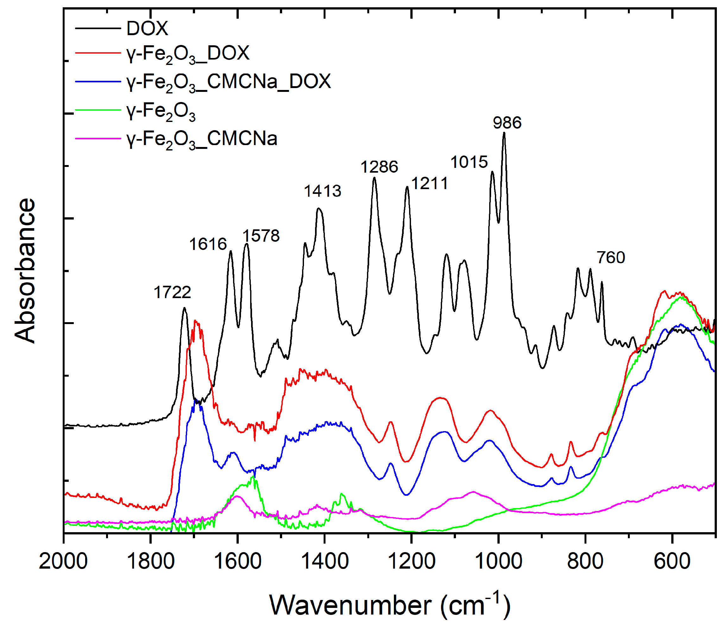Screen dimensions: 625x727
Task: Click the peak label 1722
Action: point(172,292)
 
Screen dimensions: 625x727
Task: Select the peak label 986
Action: point(507,123)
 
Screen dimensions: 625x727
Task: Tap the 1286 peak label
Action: point(379,167)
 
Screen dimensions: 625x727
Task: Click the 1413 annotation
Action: point(322,191)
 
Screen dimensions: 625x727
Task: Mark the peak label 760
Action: point(611,258)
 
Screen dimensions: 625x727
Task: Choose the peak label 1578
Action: point(261,236)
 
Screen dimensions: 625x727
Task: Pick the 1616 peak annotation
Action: point(208,244)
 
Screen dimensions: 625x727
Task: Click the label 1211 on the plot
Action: point(429,183)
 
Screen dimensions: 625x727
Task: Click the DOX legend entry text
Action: point(147,29)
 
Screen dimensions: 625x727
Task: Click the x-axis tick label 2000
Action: point(63,561)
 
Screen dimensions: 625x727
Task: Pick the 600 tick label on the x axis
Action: point(672,561)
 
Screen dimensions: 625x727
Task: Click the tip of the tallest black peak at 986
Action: point(504,133)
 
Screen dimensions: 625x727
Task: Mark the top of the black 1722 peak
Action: point(184,308)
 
